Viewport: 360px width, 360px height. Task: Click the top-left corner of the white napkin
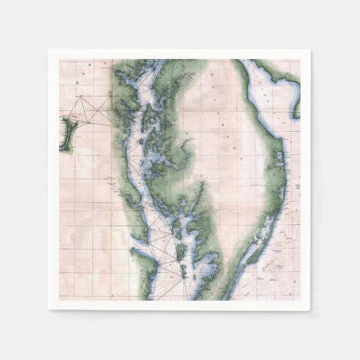pos(49,50)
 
